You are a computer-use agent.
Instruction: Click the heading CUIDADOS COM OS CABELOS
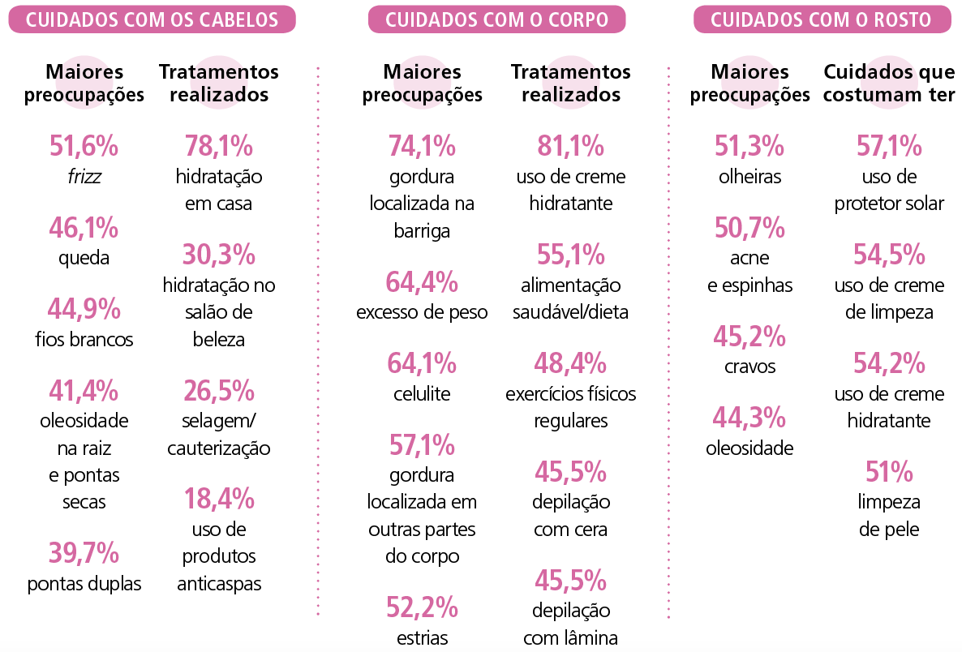click(152, 20)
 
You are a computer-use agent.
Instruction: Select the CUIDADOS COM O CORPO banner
click(496, 20)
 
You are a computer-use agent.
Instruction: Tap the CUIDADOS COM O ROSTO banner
click(822, 20)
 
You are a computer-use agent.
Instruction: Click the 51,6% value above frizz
click(84, 147)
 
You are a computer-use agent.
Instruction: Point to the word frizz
click(84, 176)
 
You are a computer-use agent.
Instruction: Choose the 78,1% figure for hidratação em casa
click(218, 147)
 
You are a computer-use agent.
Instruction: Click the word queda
click(84, 258)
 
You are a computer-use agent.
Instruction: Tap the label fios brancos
click(84, 339)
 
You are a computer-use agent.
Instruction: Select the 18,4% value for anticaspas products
click(218, 499)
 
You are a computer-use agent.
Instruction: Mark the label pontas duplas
click(84, 583)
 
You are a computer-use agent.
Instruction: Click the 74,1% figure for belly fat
click(422, 147)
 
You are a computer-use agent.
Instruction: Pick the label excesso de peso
click(422, 312)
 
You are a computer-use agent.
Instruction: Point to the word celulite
click(422, 393)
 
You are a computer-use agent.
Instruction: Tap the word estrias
click(422, 637)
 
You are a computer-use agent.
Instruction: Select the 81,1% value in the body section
click(570, 147)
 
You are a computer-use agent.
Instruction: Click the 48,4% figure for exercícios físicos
click(570, 363)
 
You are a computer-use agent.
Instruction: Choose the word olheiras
click(749, 176)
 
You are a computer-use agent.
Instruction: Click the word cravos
click(749, 366)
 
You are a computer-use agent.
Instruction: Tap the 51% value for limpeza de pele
click(889, 472)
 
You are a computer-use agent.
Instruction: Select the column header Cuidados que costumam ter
click(889, 84)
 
